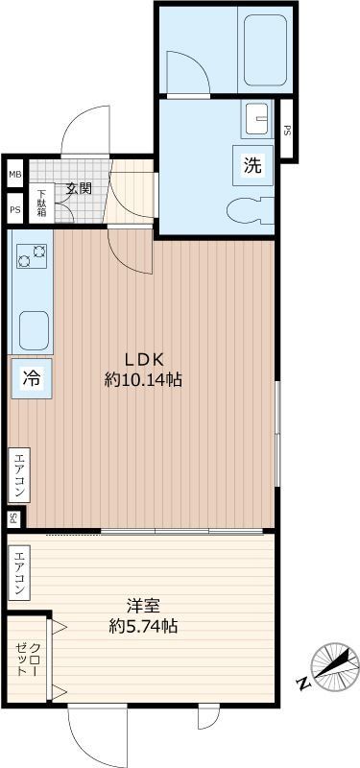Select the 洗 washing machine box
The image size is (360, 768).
click(252, 164)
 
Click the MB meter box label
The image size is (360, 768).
click(14, 174)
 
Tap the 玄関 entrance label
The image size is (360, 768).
click(78, 188)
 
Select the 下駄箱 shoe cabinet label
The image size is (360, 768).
click(42, 205)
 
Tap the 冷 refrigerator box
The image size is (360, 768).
click(31, 378)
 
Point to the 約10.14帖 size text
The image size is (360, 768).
click(143, 379)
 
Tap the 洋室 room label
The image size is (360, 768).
click(143, 606)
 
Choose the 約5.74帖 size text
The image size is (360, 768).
click(143, 627)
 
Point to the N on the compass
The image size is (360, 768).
click(303, 684)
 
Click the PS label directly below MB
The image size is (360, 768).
click(14, 208)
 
